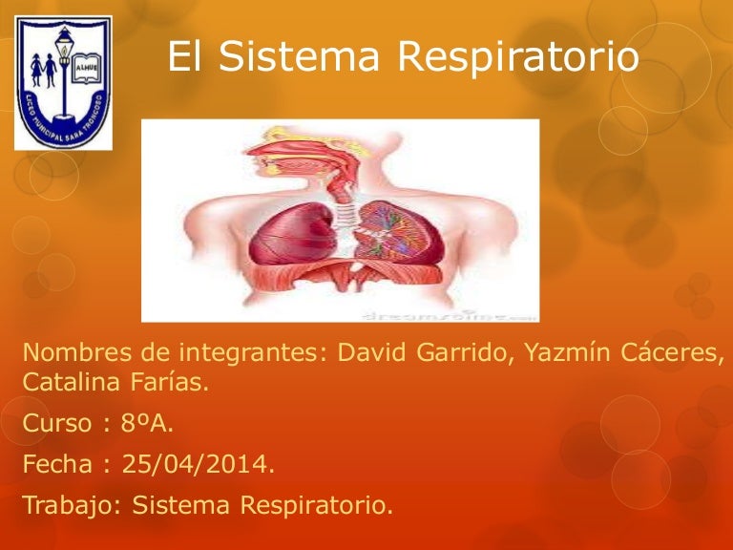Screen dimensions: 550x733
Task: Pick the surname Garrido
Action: [x=465, y=353]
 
